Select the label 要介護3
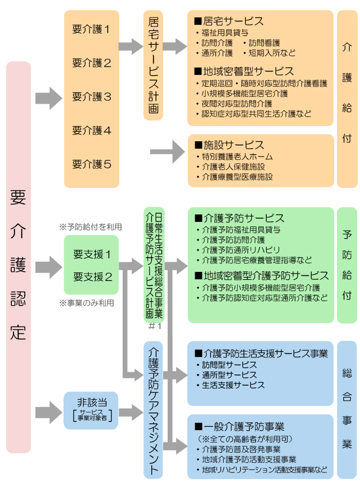tap(92, 97)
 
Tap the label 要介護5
tap(92, 164)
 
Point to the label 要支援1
tap(92, 254)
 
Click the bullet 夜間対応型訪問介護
tap(237, 104)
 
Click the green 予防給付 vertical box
tap(346, 265)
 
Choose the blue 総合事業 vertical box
tap(346, 409)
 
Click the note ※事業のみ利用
tap(87, 302)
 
